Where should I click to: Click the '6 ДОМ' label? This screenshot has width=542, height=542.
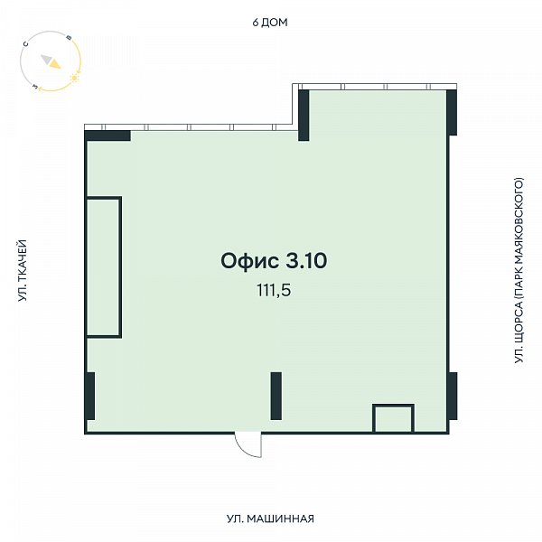270,23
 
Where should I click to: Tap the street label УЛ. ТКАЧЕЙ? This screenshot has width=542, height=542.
23,270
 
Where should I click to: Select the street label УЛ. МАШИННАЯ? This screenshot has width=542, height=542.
270,519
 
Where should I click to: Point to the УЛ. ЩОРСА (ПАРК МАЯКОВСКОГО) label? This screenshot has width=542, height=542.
519,270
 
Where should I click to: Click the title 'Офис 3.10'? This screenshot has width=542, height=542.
274,261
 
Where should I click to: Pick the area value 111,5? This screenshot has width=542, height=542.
274,290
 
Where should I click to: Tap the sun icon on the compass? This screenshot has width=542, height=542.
74,78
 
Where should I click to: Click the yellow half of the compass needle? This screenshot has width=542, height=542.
55,64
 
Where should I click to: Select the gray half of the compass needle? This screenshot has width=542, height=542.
46,59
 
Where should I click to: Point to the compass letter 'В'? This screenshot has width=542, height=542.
69,38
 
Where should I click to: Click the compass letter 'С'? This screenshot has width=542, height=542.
25,44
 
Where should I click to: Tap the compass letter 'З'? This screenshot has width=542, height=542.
35,86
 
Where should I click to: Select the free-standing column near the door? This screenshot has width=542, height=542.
276,397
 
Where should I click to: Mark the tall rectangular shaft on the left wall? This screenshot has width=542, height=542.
103,266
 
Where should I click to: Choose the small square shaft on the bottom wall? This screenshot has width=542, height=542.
393,418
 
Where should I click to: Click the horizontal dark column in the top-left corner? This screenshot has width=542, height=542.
107,135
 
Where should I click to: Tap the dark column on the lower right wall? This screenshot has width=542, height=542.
453,397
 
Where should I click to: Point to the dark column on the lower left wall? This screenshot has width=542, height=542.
89,397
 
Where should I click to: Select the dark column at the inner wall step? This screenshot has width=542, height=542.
304,116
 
